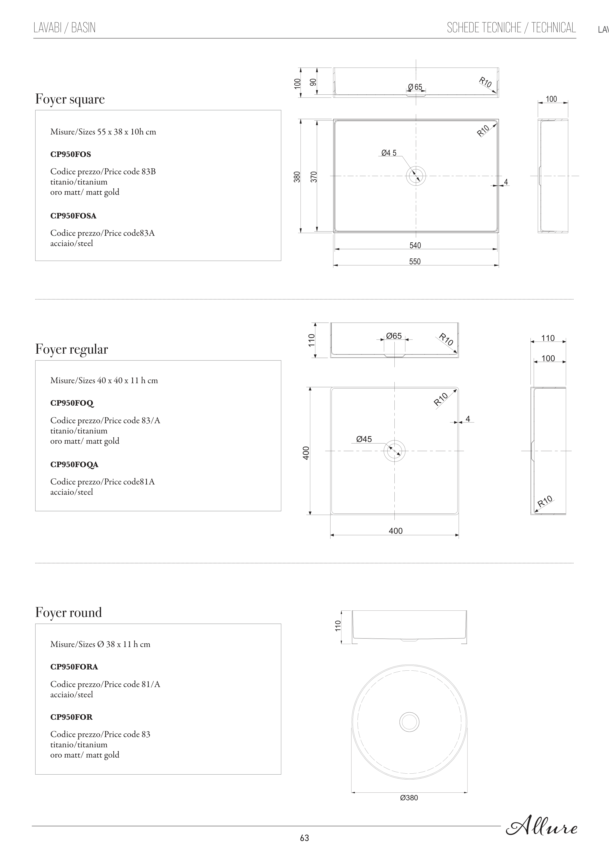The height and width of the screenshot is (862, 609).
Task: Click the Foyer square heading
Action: point(70,99)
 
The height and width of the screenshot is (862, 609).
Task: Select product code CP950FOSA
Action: point(73,216)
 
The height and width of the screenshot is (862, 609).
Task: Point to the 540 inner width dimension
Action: point(415,246)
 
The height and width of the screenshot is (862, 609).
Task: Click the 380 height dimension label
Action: point(297,177)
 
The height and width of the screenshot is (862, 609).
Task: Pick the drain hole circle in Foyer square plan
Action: point(416,176)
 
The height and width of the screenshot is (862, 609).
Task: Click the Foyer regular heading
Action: point(71,349)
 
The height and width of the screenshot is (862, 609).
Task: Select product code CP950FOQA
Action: point(74,464)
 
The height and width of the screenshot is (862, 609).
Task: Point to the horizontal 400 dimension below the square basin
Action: point(396,531)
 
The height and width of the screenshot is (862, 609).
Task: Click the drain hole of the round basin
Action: point(409,722)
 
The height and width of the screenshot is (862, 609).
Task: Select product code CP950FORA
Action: point(74,667)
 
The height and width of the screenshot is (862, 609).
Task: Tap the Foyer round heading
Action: point(68,612)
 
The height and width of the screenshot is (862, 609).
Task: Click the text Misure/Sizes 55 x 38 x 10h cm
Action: point(103,132)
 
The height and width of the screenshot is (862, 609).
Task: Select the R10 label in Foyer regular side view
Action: point(545,501)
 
